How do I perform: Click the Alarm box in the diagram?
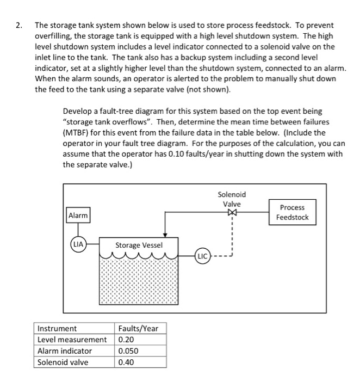[78, 216]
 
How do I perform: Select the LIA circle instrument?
[79, 244]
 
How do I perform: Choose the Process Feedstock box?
[293, 213]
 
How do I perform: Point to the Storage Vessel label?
[135, 245]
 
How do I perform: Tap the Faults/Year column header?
[138, 328]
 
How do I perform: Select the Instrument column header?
[57, 328]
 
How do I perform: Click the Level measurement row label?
[72, 340]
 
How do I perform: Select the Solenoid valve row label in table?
[63, 362]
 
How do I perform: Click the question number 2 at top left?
[19, 25]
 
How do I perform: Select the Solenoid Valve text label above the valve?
[232, 199]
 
